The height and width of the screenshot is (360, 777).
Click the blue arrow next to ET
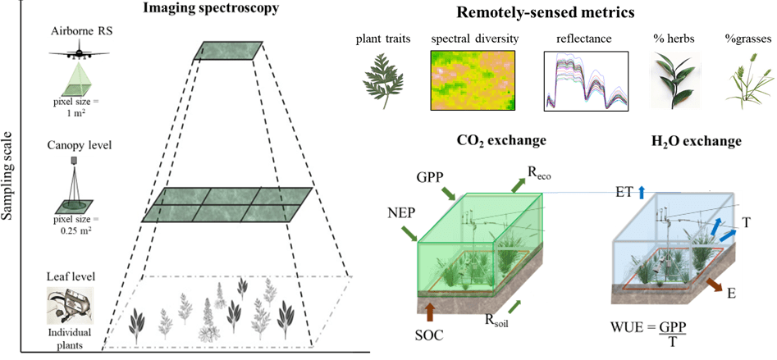point(642,192)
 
